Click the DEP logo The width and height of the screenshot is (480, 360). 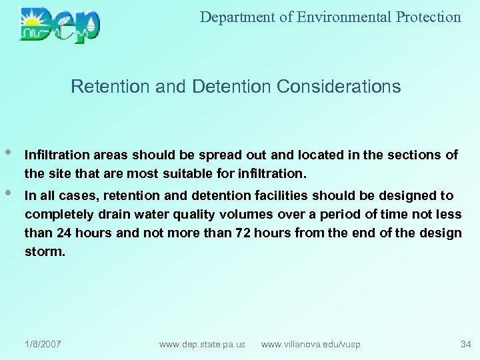(x=60, y=25)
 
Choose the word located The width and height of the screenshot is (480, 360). (x=316, y=155)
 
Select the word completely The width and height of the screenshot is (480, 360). (x=57, y=215)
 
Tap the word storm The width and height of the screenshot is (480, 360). (x=45, y=252)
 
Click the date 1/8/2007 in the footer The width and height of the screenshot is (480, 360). (x=43, y=344)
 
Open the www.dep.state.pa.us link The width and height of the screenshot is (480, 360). (x=202, y=344)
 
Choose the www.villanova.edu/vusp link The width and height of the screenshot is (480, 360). (x=311, y=344)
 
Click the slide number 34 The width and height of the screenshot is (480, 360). (x=465, y=344)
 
